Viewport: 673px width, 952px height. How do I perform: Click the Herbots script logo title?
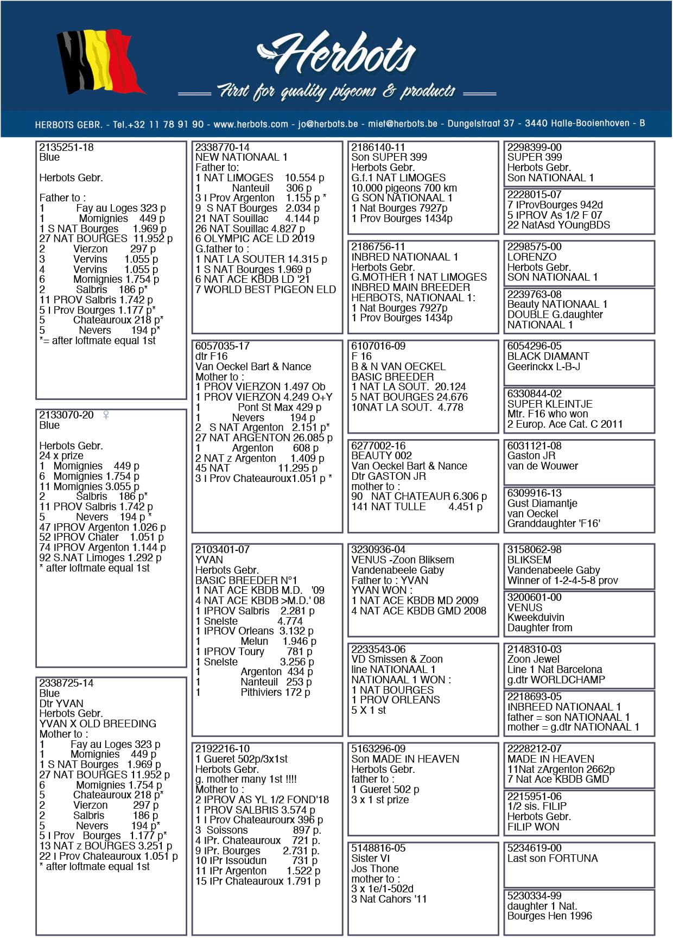coord(336,53)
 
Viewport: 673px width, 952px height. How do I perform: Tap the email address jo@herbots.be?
coord(328,124)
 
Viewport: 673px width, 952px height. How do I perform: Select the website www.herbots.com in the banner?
coord(251,124)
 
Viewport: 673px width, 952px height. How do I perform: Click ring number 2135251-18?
coord(66,148)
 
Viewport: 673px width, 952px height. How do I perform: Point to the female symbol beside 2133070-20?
coord(106,415)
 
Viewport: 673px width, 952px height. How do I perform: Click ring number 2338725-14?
coord(66,683)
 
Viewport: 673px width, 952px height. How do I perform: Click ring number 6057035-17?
coord(223,346)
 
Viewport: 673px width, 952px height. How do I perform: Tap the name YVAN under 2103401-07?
coord(209,560)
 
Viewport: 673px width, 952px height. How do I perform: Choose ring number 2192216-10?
coord(223,749)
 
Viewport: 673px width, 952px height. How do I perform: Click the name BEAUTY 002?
coord(381,456)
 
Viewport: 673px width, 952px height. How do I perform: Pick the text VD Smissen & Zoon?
coord(397,659)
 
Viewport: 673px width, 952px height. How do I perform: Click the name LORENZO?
coord(531,257)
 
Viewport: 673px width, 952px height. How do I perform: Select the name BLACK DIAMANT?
coord(548,357)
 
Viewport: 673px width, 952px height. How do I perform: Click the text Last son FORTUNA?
coord(552,859)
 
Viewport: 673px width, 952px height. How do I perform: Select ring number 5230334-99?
coord(534,896)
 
